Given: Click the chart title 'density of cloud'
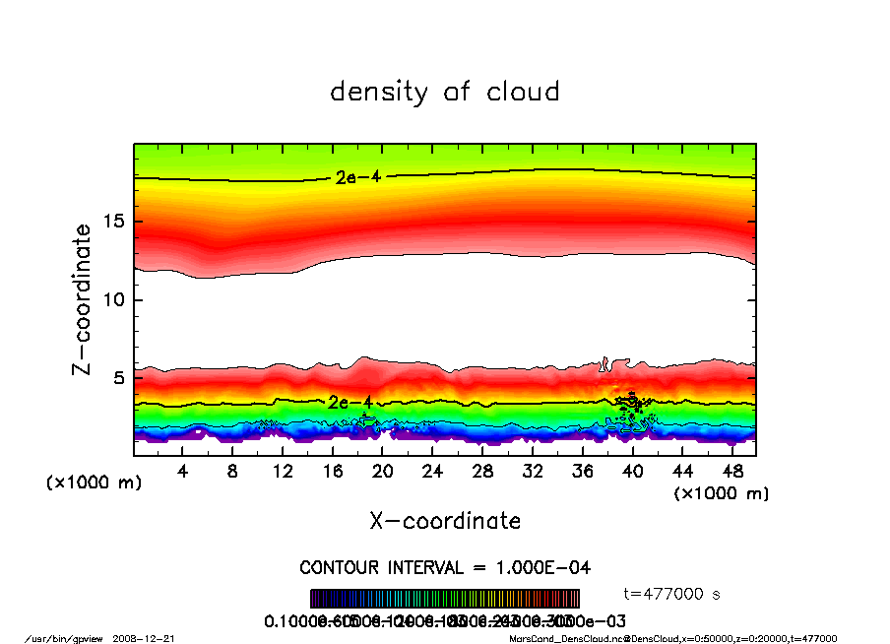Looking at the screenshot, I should (445, 93).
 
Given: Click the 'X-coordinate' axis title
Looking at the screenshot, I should (445, 520).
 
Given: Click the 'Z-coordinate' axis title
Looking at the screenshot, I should (83, 299).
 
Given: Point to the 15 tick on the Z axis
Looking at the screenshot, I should (114, 222).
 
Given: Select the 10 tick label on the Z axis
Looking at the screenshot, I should (114, 299).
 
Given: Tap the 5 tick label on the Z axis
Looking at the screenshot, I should (119, 378).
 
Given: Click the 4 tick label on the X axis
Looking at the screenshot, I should (183, 471).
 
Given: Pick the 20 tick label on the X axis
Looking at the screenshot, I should (383, 471).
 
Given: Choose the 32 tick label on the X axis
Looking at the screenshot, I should (533, 471).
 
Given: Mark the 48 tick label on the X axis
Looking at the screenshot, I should (732, 471).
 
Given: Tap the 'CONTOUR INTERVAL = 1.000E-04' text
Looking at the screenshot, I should (445, 568).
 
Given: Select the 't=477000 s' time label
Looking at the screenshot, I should (673, 594).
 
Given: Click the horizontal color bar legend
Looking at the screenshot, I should (445, 599).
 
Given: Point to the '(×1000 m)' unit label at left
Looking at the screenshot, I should (94, 483).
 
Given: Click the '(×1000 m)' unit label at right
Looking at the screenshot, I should (722, 492).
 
